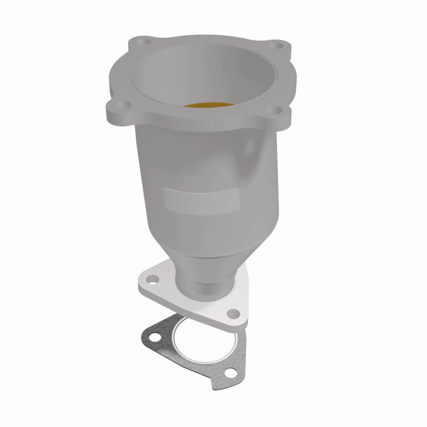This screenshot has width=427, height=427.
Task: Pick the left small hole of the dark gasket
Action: [x=154, y=338]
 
